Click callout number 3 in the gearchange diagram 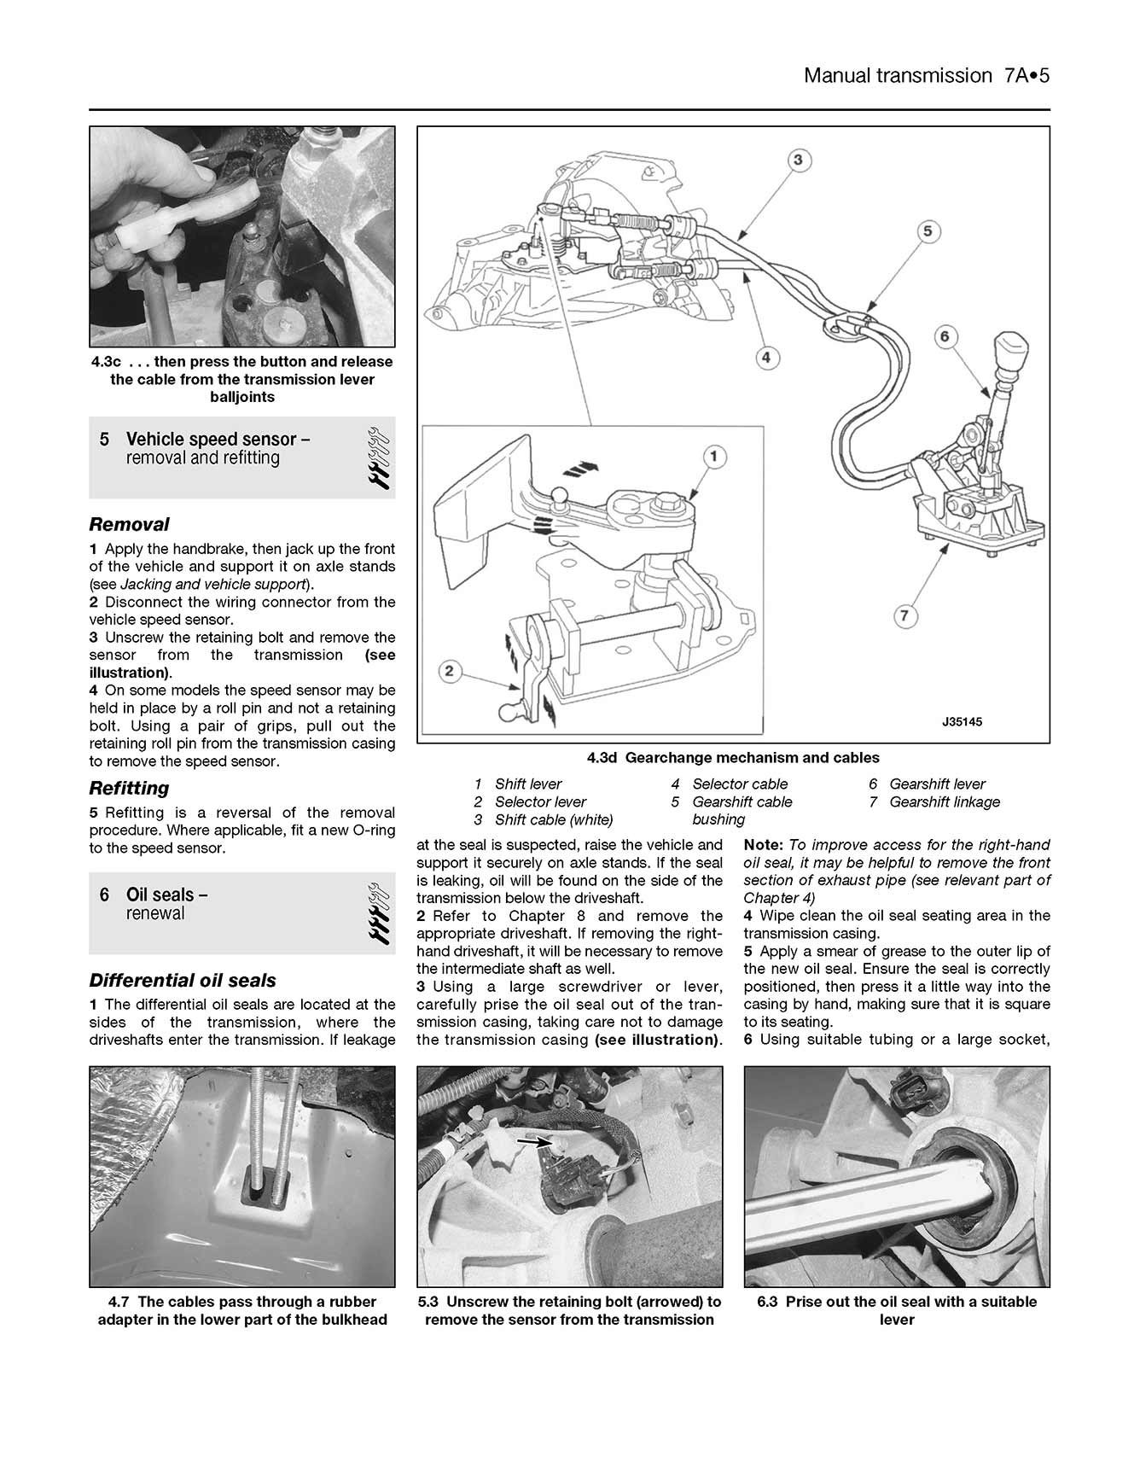[x=798, y=160]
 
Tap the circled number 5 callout [x=928, y=231]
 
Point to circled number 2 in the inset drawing [x=450, y=673]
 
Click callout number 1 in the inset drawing [x=713, y=457]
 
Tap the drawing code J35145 [x=962, y=722]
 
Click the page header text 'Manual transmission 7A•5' [x=926, y=75]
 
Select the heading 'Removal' [x=129, y=524]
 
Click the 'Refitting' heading [x=129, y=788]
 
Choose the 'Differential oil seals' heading [x=183, y=981]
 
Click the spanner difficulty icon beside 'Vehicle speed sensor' [x=377, y=457]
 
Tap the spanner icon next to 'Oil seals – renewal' [x=377, y=912]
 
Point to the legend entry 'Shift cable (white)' [x=553, y=819]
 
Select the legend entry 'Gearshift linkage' [x=944, y=801]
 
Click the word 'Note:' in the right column [x=763, y=844]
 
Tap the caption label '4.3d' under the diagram [x=602, y=757]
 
